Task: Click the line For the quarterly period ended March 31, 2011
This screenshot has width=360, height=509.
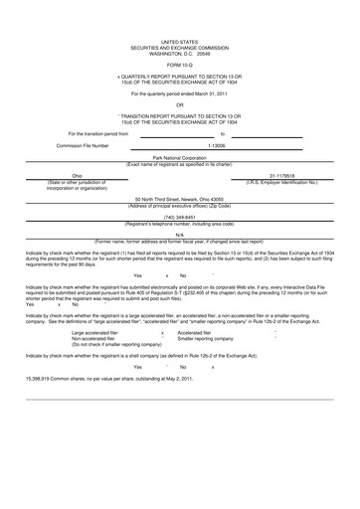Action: pyautogui.click(x=180, y=91)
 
